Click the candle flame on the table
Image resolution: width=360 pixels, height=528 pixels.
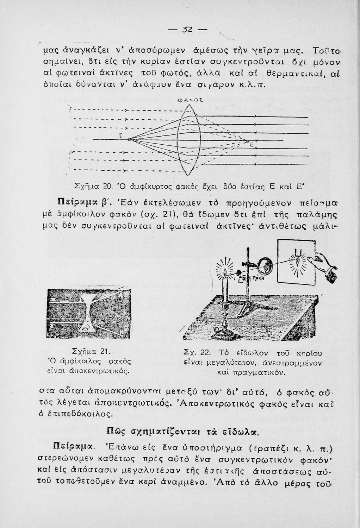(225, 271)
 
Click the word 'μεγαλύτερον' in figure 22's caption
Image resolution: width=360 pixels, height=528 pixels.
(218, 362)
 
